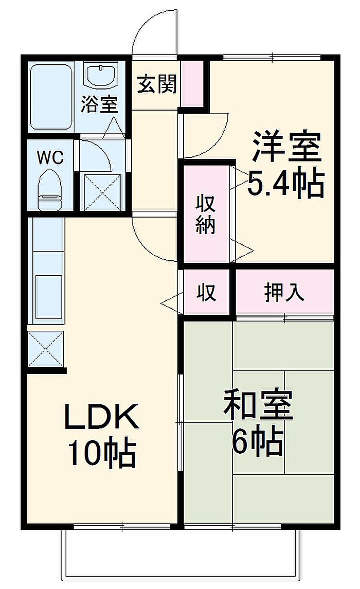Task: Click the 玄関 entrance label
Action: [x=156, y=84]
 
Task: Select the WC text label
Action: [x=50, y=157]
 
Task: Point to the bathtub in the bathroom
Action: [x=50, y=96]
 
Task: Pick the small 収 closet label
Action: [x=206, y=292]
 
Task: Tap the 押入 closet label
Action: [x=284, y=292]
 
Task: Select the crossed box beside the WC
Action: [x=102, y=192]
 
